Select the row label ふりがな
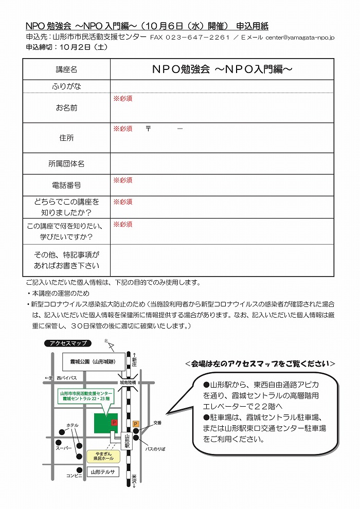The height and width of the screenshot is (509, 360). (66, 86)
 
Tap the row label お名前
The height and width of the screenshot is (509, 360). (66, 108)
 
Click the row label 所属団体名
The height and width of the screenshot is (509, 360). (66, 163)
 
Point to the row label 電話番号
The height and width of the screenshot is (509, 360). (66, 185)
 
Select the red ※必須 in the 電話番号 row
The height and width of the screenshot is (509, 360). (123, 180)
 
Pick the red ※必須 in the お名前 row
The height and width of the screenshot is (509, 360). (123, 98)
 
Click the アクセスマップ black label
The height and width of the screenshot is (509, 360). (67, 343)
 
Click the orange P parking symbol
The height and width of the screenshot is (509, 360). (136, 423)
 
